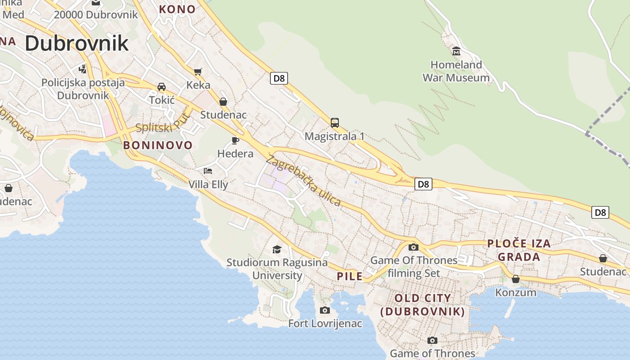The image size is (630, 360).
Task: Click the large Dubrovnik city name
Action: tap(76, 43)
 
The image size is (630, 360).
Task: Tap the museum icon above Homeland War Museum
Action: tap(456, 50)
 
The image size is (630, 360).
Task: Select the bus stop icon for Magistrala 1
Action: tap(334, 122)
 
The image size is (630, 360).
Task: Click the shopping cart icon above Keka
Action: tap(198, 71)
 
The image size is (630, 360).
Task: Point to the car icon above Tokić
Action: tap(162, 86)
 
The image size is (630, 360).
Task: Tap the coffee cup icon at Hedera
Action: tap(235, 140)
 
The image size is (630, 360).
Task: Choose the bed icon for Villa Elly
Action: tap(208, 171)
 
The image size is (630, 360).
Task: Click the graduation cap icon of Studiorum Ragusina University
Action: tap(277, 249)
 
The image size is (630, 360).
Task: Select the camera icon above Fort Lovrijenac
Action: tap(324, 310)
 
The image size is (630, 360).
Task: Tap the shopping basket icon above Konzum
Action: tap(516, 279)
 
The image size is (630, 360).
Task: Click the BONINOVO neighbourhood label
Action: tap(158, 145)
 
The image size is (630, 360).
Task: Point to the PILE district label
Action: tap(350, 276)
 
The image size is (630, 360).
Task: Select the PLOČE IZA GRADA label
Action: tap(519, 250)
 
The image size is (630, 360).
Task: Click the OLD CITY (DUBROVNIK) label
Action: tap(423, 305)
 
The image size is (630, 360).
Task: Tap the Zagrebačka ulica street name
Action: tap(304, 180)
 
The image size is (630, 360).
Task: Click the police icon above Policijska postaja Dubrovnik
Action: tap(82, 69)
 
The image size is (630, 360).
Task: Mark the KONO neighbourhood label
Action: tap(177, 9)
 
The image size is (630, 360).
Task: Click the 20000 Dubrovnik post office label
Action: tap(96, 14)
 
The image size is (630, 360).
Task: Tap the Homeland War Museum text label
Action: tap(456, 71)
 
